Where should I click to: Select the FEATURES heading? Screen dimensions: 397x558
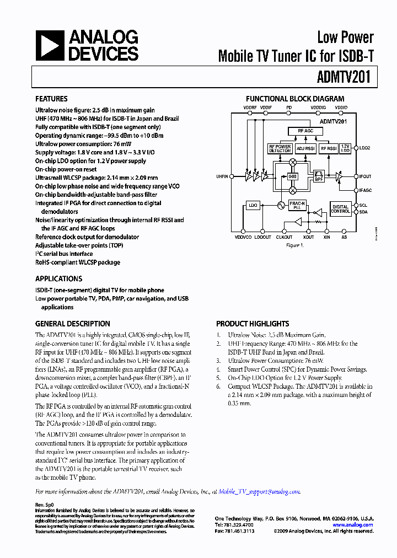click(51, 99)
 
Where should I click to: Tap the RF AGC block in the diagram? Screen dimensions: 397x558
click(305, 131)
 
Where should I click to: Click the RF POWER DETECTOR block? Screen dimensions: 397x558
click(280, 148)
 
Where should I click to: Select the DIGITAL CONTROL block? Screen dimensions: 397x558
click(340, 208)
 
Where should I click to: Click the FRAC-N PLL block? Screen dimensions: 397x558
click(298, 205)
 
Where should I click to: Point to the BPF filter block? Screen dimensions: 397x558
click(319, 177)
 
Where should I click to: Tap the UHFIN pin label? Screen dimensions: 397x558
click(222, 176)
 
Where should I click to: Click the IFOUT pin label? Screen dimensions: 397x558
click(365, 176)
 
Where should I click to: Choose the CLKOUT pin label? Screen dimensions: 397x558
click(285, 237)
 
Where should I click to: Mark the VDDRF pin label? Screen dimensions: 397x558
click(250, 107)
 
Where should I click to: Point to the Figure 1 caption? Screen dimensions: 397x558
click(294, 245)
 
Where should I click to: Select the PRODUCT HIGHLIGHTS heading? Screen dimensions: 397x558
click(253, 324)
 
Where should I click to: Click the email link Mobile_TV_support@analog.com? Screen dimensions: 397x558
click(259, 491)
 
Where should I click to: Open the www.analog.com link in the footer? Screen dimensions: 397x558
click(353, 525)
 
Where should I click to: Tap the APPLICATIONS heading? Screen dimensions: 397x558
click(58, 278)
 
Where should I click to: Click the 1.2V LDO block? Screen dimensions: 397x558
click(346, 148)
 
